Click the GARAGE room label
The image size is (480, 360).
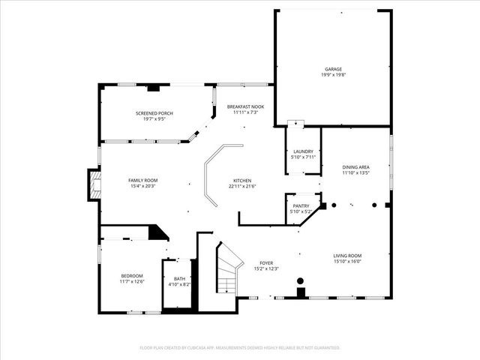334,68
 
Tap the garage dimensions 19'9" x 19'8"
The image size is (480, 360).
334,74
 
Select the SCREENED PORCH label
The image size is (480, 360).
149,113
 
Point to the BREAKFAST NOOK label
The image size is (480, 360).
245,107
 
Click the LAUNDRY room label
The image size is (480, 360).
303,151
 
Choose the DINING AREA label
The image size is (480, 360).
356,167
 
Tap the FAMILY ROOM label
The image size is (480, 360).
142,180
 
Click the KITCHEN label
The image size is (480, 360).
241,180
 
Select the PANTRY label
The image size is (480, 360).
301,205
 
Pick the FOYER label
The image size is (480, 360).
266,262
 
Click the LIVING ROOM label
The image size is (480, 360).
348,256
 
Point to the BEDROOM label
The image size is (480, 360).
131,275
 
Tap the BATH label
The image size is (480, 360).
179,279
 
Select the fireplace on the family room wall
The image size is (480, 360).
94,185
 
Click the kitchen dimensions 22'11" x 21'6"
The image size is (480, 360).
241,186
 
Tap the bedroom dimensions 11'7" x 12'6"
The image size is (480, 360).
131,281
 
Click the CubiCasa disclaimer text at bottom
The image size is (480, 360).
240,347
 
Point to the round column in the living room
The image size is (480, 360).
301,281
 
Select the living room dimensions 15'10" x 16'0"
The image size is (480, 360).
348,262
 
